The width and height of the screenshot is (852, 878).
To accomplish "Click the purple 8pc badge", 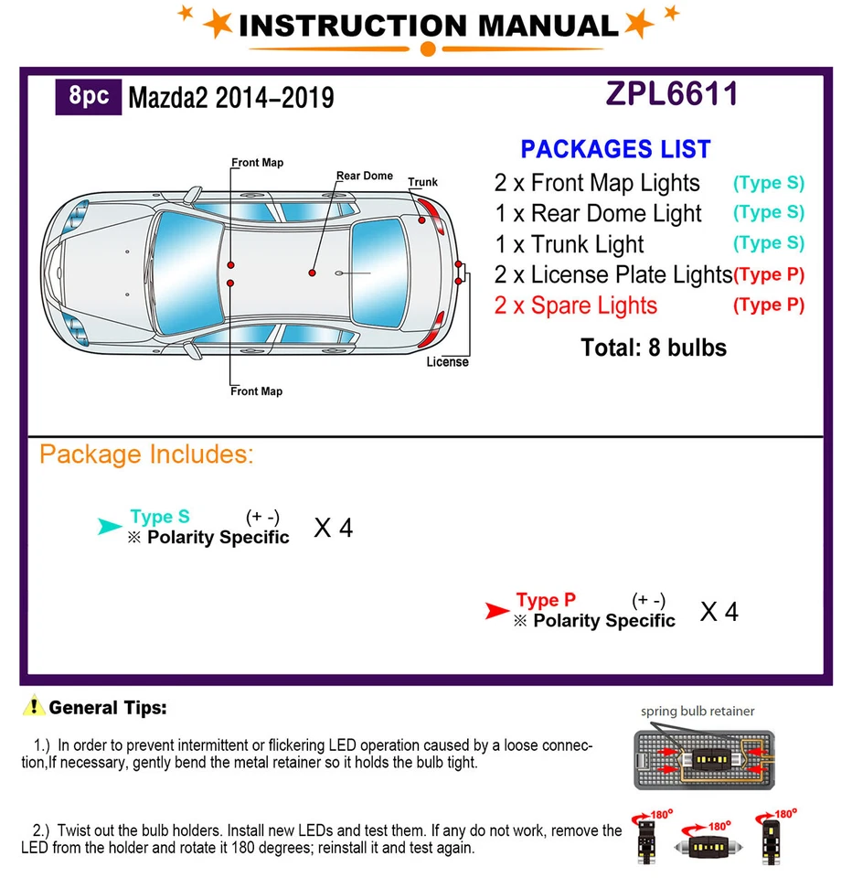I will [x=89, y=96].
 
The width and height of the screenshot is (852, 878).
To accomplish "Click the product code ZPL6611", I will [x=672, y=94].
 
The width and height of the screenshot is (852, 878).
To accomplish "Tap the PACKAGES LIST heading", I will [x=615, y=149].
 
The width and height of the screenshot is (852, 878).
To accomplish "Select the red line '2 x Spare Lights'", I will [x=575, y=305].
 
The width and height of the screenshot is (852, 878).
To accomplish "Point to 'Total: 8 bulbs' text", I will [x=653, y=348].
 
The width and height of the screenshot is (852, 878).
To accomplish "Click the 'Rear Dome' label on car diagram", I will [x=364, y=176].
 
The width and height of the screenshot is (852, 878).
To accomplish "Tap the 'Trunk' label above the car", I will [x=422, y=182].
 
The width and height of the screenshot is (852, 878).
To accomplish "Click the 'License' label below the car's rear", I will [x=447, y=362].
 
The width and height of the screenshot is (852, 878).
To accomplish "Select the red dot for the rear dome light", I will [x=313, y=273].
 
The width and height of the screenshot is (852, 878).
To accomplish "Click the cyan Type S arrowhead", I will [x=110, y=526].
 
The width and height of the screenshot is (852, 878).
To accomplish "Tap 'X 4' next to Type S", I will [x=333, y=528].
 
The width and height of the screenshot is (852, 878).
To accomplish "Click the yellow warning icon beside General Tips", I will [x=35, y=706].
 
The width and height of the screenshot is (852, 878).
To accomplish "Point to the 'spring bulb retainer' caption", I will [x=698, y=711].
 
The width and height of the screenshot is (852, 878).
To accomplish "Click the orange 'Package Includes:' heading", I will [x=146, y=455].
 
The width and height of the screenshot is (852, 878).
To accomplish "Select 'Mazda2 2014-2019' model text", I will [x=230, y=98].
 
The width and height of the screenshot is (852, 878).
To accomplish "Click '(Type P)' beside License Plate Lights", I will [x=769, y=274].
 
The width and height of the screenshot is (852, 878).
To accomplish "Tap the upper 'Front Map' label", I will [x=257, y=163].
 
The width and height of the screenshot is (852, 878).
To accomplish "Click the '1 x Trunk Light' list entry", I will [x=569, y=244].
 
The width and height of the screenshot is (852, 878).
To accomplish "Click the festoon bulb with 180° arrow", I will [x=708, y=843].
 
